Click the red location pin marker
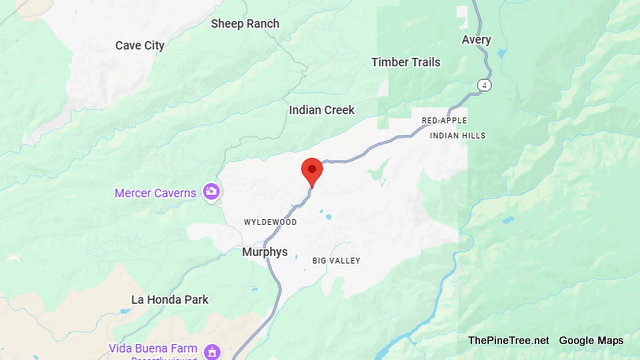312,171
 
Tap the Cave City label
140,45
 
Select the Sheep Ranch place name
245,23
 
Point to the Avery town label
477,40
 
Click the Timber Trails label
405,62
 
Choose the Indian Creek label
321,110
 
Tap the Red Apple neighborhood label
445,120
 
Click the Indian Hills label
458,135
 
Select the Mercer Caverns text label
155,192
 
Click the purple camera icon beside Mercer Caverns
211,191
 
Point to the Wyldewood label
270,221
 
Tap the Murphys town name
264,252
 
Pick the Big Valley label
335,261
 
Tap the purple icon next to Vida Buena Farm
212,351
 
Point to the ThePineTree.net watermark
508,340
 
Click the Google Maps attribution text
591,340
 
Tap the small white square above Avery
462,13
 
